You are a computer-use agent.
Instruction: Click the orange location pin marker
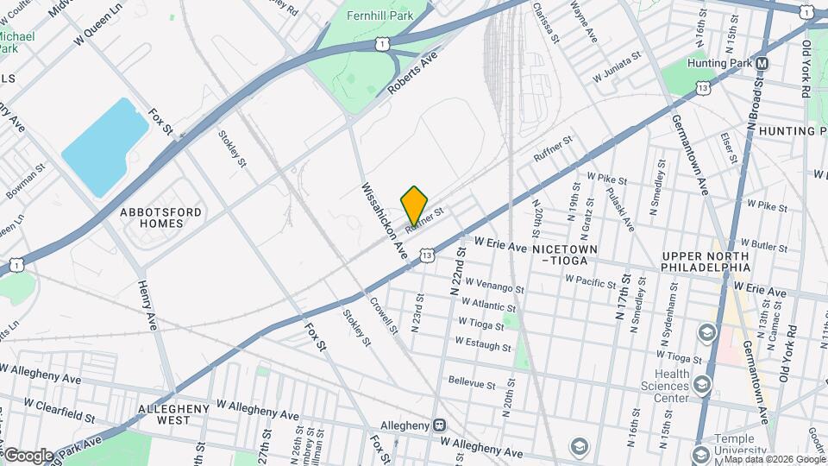point(414,206)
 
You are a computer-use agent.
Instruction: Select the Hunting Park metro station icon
point(762,64)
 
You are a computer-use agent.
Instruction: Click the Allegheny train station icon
point(440,425)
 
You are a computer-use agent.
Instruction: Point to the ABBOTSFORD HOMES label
point(161,217)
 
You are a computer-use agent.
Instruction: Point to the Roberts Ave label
point(412,73)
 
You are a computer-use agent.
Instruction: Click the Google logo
point(28,455)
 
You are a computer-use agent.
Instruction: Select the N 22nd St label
point(456,270)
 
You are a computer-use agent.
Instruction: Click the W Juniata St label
point(617,68)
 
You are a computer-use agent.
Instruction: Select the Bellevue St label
point(473,383)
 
